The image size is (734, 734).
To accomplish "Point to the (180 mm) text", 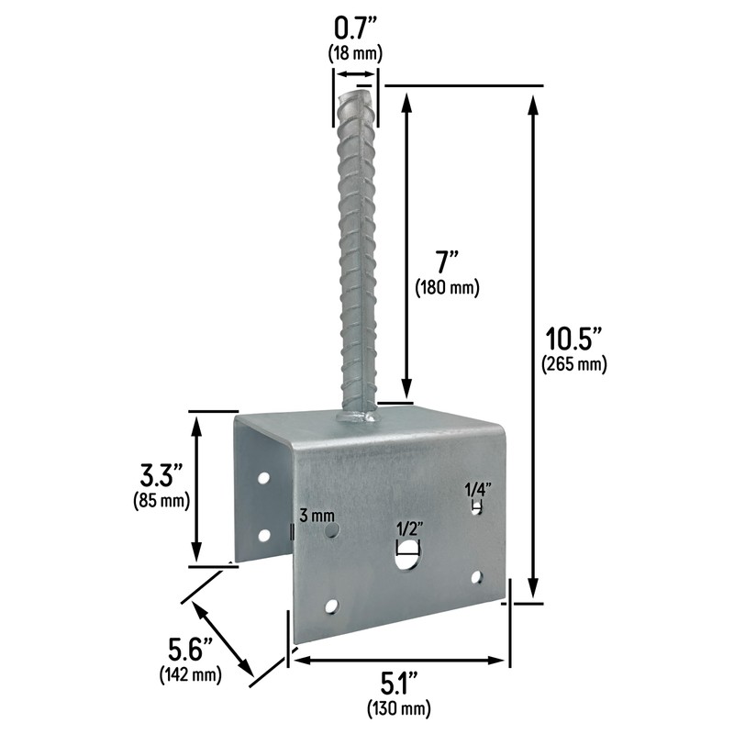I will click(448, 288).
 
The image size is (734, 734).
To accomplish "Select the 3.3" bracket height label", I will click(162, 476).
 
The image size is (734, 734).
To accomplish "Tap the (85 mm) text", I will click(162, 501).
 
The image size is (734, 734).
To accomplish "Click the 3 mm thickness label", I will click(317, 516).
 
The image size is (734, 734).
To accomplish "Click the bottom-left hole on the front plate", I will click(331, 606).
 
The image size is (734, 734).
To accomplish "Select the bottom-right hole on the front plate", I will click(475, 577).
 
